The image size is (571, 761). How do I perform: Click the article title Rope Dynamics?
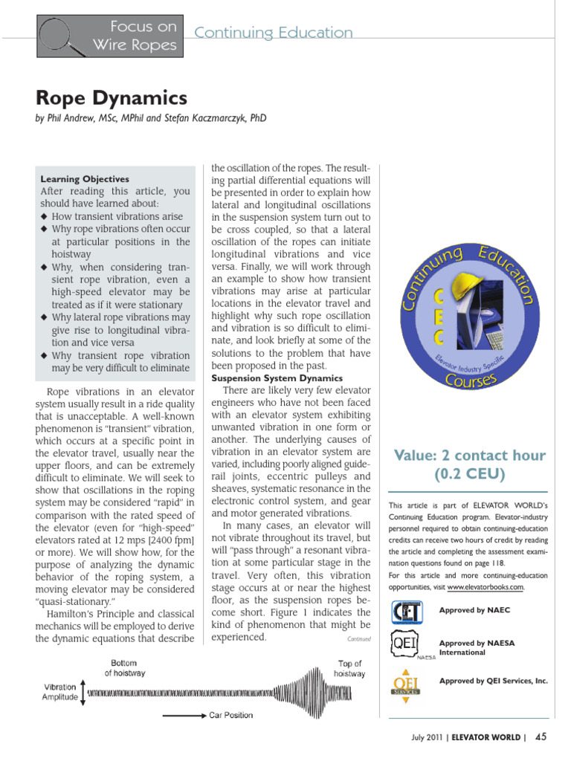(112, 98)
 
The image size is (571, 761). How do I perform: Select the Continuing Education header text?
(273, 33)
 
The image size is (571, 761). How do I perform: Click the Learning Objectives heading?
(84, 179)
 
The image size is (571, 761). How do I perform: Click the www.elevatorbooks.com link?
(485, 587)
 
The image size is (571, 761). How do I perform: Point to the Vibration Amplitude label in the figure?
(60, 693)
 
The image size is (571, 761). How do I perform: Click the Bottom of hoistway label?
(124, 668)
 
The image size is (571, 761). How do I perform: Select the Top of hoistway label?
(349, 668)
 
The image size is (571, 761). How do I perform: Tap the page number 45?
(541, 737)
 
